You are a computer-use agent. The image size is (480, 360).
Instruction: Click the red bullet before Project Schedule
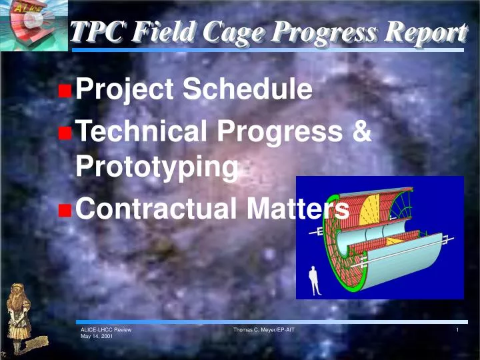[x=65, y=91]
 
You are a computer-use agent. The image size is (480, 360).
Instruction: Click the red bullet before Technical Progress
[x=65, y=133]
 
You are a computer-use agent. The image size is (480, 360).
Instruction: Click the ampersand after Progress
[x=361, y=132]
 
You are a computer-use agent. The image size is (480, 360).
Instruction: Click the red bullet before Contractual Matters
[x=65, y=211]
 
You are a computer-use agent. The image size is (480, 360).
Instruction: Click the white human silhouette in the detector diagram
[x=314, y=280]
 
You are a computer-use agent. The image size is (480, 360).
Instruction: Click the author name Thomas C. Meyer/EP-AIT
[x=264, y=330]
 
